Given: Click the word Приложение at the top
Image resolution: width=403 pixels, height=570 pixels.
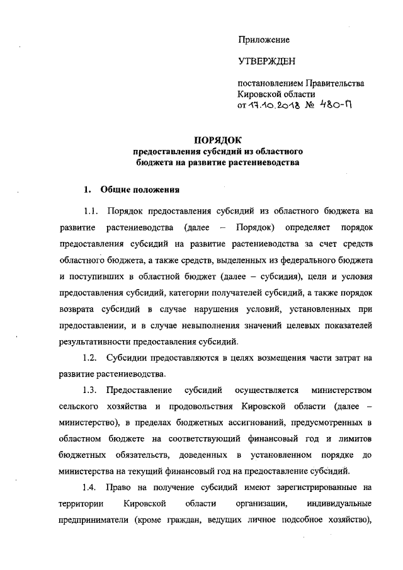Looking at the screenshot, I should tap(263, 40).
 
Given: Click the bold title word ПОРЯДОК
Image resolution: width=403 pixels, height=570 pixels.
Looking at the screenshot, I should tap(217, 140).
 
